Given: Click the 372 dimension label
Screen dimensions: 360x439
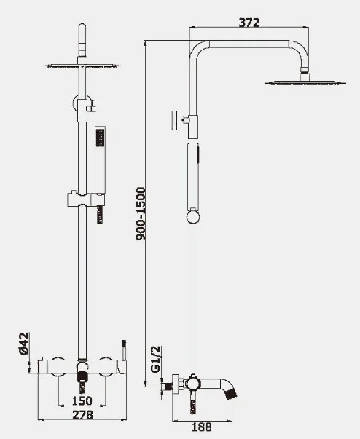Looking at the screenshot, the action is point(249,23).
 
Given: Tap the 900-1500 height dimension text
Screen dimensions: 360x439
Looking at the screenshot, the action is point(141,213).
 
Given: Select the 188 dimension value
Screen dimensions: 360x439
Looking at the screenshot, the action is point(201,427).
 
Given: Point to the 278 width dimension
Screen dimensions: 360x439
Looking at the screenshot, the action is point(82,415).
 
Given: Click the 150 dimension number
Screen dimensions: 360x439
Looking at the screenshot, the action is point(82,400).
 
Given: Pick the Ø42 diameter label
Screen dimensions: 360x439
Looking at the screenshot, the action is point(24,344).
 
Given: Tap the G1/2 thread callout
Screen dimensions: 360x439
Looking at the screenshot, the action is point(156,359).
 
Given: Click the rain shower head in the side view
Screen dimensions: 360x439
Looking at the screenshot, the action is point(305,82).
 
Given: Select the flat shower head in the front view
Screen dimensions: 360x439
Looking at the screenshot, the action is point(82,66).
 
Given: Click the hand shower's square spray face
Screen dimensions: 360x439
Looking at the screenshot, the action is point(100,137).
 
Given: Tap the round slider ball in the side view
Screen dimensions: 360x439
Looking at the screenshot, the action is point(193,217).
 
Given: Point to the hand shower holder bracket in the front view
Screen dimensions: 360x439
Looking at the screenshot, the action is point(86,199).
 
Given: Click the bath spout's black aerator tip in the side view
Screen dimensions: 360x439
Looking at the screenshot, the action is point(232,394).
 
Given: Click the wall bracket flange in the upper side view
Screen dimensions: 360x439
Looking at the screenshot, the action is point(175,120).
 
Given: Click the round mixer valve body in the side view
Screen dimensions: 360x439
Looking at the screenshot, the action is point(192,382).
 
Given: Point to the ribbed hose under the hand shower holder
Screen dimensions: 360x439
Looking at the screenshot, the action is point(100,215).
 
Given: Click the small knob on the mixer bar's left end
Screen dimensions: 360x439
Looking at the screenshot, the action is point(41,359).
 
